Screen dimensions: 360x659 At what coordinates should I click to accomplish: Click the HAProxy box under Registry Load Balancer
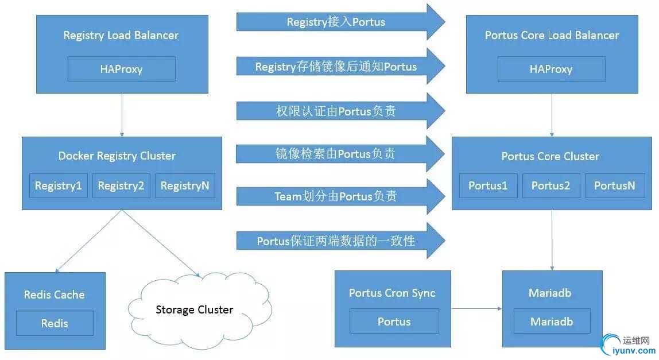click(121, 69)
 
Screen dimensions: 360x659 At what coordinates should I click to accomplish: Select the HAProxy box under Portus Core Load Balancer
click(551, 69)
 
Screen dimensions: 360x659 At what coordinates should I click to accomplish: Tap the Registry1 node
click(58, 185)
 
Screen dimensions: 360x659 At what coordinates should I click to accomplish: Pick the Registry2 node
click(121, 185)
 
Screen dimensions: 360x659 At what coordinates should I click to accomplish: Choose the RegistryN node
click(185, 185)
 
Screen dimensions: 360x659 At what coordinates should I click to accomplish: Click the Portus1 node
click(488, 185)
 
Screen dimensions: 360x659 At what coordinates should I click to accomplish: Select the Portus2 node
click(551, 185)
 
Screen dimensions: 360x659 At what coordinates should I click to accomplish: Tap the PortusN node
click(615, 185)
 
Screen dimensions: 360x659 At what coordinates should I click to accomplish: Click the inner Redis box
click(55, 323)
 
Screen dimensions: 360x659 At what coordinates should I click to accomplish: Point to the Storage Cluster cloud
click(195, 310)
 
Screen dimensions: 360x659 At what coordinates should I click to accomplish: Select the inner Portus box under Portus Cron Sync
click(394, 322)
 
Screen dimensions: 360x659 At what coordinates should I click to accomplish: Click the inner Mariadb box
click(552, 322)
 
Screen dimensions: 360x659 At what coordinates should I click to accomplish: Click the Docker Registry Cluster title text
click(117, 156)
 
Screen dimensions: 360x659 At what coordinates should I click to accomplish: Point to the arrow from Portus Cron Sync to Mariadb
click(476, 309)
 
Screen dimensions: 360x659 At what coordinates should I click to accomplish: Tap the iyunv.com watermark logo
click(628, 344)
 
